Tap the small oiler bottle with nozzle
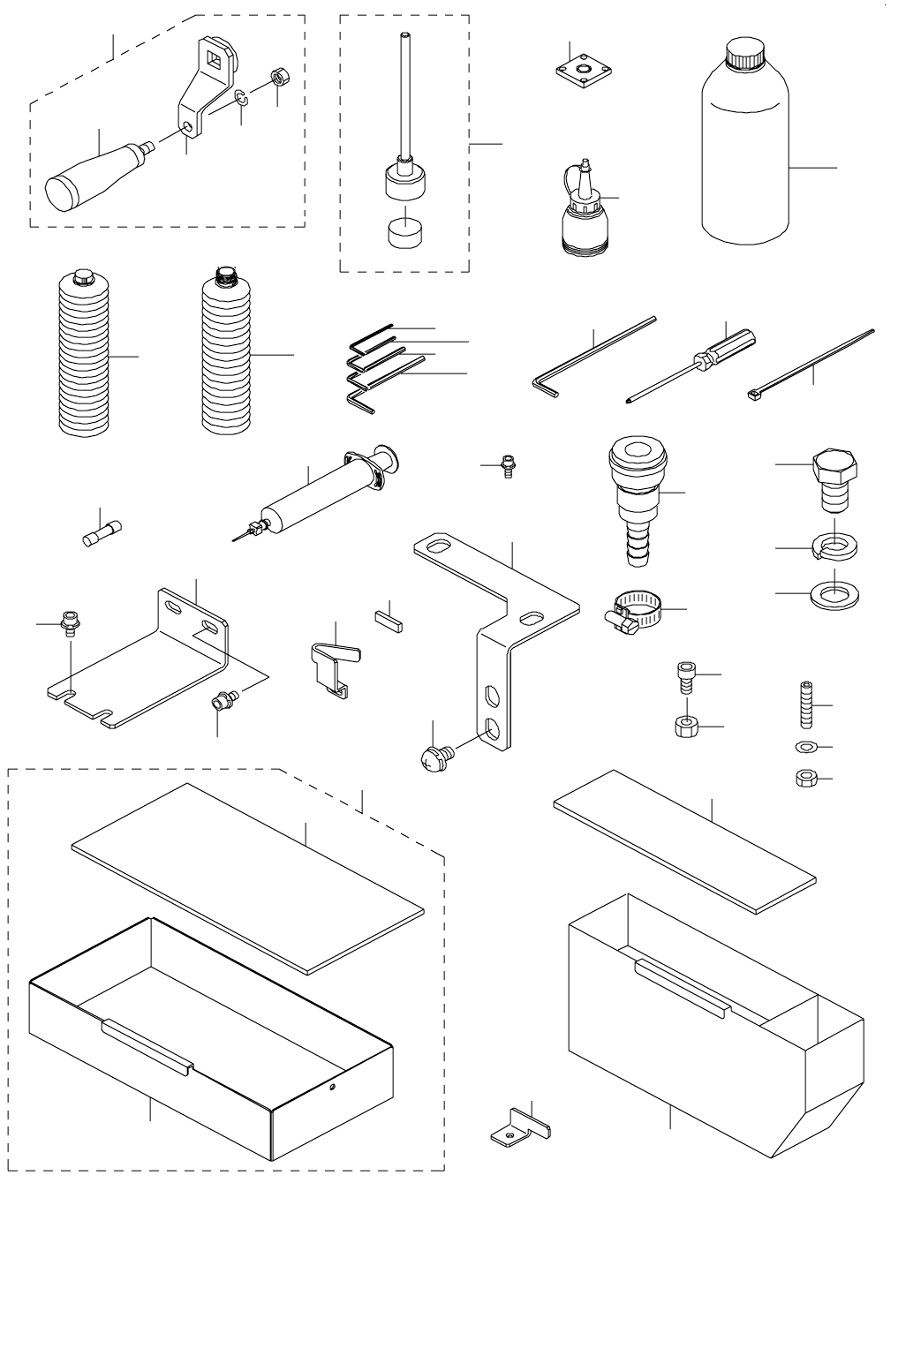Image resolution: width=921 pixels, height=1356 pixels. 582,221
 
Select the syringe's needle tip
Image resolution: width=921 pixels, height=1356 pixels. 238,536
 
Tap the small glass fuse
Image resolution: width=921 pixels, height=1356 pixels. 101,535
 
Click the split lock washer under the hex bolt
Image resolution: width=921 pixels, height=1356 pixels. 834,548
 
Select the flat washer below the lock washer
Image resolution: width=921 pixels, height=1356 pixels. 834,591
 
